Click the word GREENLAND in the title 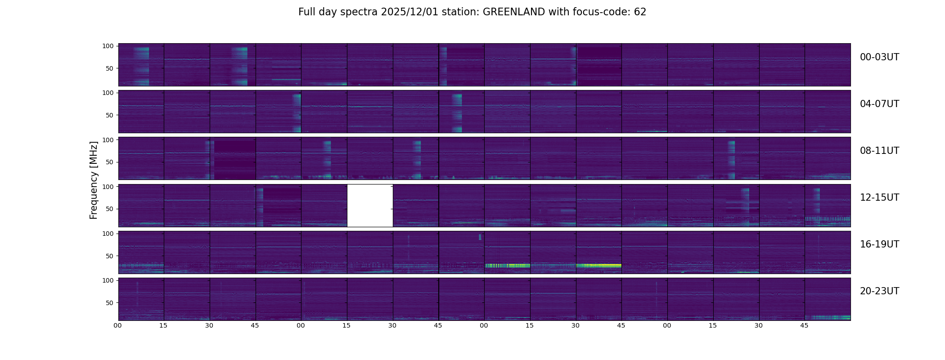(513, 12)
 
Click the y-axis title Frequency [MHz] (94, 180)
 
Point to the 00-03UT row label (879, 57)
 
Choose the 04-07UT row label (879, 104)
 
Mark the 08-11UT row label (879, 151)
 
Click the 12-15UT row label (879, 198)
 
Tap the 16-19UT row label (879, 244)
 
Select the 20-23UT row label (879, 291)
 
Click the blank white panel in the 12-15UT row (370, 206)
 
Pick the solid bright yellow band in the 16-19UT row (599, 265)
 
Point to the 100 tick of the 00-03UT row (108, 46)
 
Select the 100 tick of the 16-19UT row (108, 234)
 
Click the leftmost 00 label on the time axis (118, 325)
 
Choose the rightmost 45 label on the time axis (805, 325)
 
